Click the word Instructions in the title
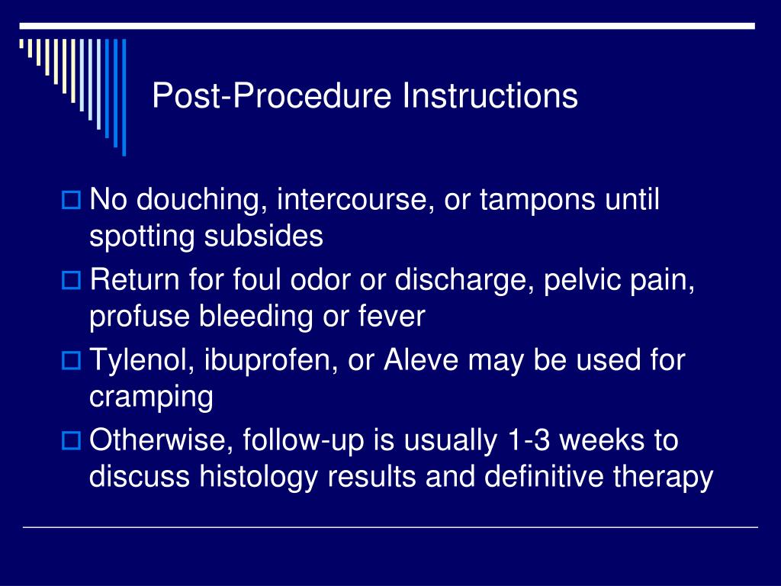coord(490,97)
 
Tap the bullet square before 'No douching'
coord(70,202)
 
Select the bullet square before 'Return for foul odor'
coord(70,282)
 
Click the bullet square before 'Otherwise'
coord(70,441)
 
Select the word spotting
coord(143,237)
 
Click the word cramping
coord(151,398)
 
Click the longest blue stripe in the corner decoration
coord(124,97)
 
